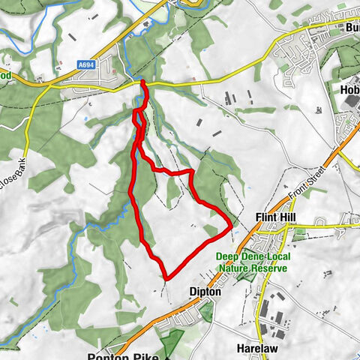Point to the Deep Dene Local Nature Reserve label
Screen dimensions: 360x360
(247, 262)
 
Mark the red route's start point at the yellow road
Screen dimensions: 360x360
(142, 82)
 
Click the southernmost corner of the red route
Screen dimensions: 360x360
(166, 278)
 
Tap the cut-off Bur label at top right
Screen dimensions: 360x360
(351, 28)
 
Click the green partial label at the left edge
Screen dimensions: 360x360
(5, 76)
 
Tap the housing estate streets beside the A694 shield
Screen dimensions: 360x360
(112, 64)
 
